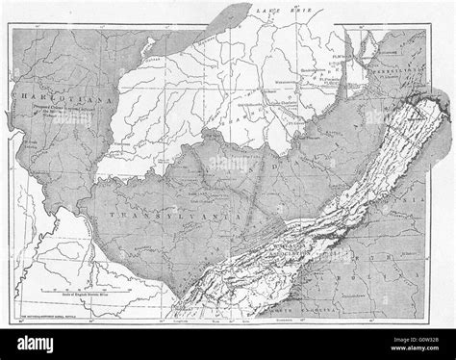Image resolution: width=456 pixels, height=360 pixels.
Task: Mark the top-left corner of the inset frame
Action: point(13,27)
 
